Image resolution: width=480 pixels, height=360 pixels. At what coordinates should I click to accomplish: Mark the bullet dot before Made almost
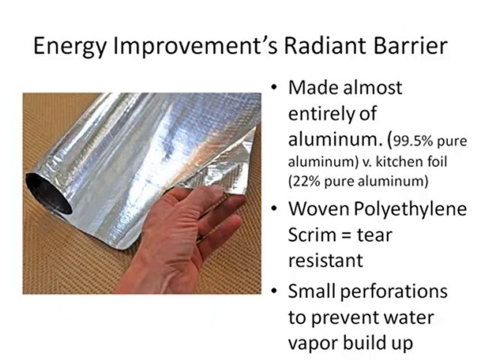tap(273, 88)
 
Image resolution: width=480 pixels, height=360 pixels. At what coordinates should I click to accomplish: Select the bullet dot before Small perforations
tap(273, 291)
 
